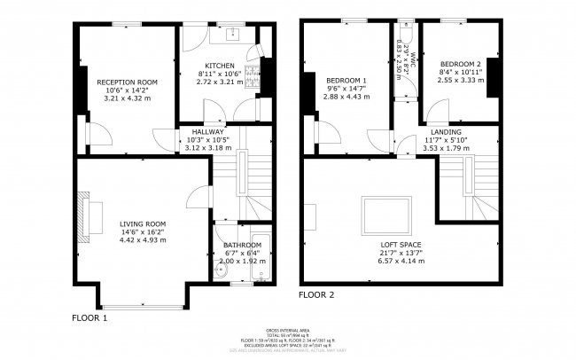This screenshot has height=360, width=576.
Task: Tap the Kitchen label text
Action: click(219, 66)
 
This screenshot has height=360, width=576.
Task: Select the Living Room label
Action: click(143, 223)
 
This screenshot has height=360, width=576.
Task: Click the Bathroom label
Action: click(242, 245)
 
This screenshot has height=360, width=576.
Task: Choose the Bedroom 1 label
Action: click(346, 81)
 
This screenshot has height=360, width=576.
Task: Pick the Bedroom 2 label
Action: click(460, 65)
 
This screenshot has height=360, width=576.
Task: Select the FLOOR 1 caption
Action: click(90, 317)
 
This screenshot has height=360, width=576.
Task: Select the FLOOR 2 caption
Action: click(316, 294)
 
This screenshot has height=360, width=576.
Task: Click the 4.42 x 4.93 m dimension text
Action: click(143, 239)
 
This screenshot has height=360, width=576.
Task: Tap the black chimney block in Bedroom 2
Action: click(494, 76)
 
